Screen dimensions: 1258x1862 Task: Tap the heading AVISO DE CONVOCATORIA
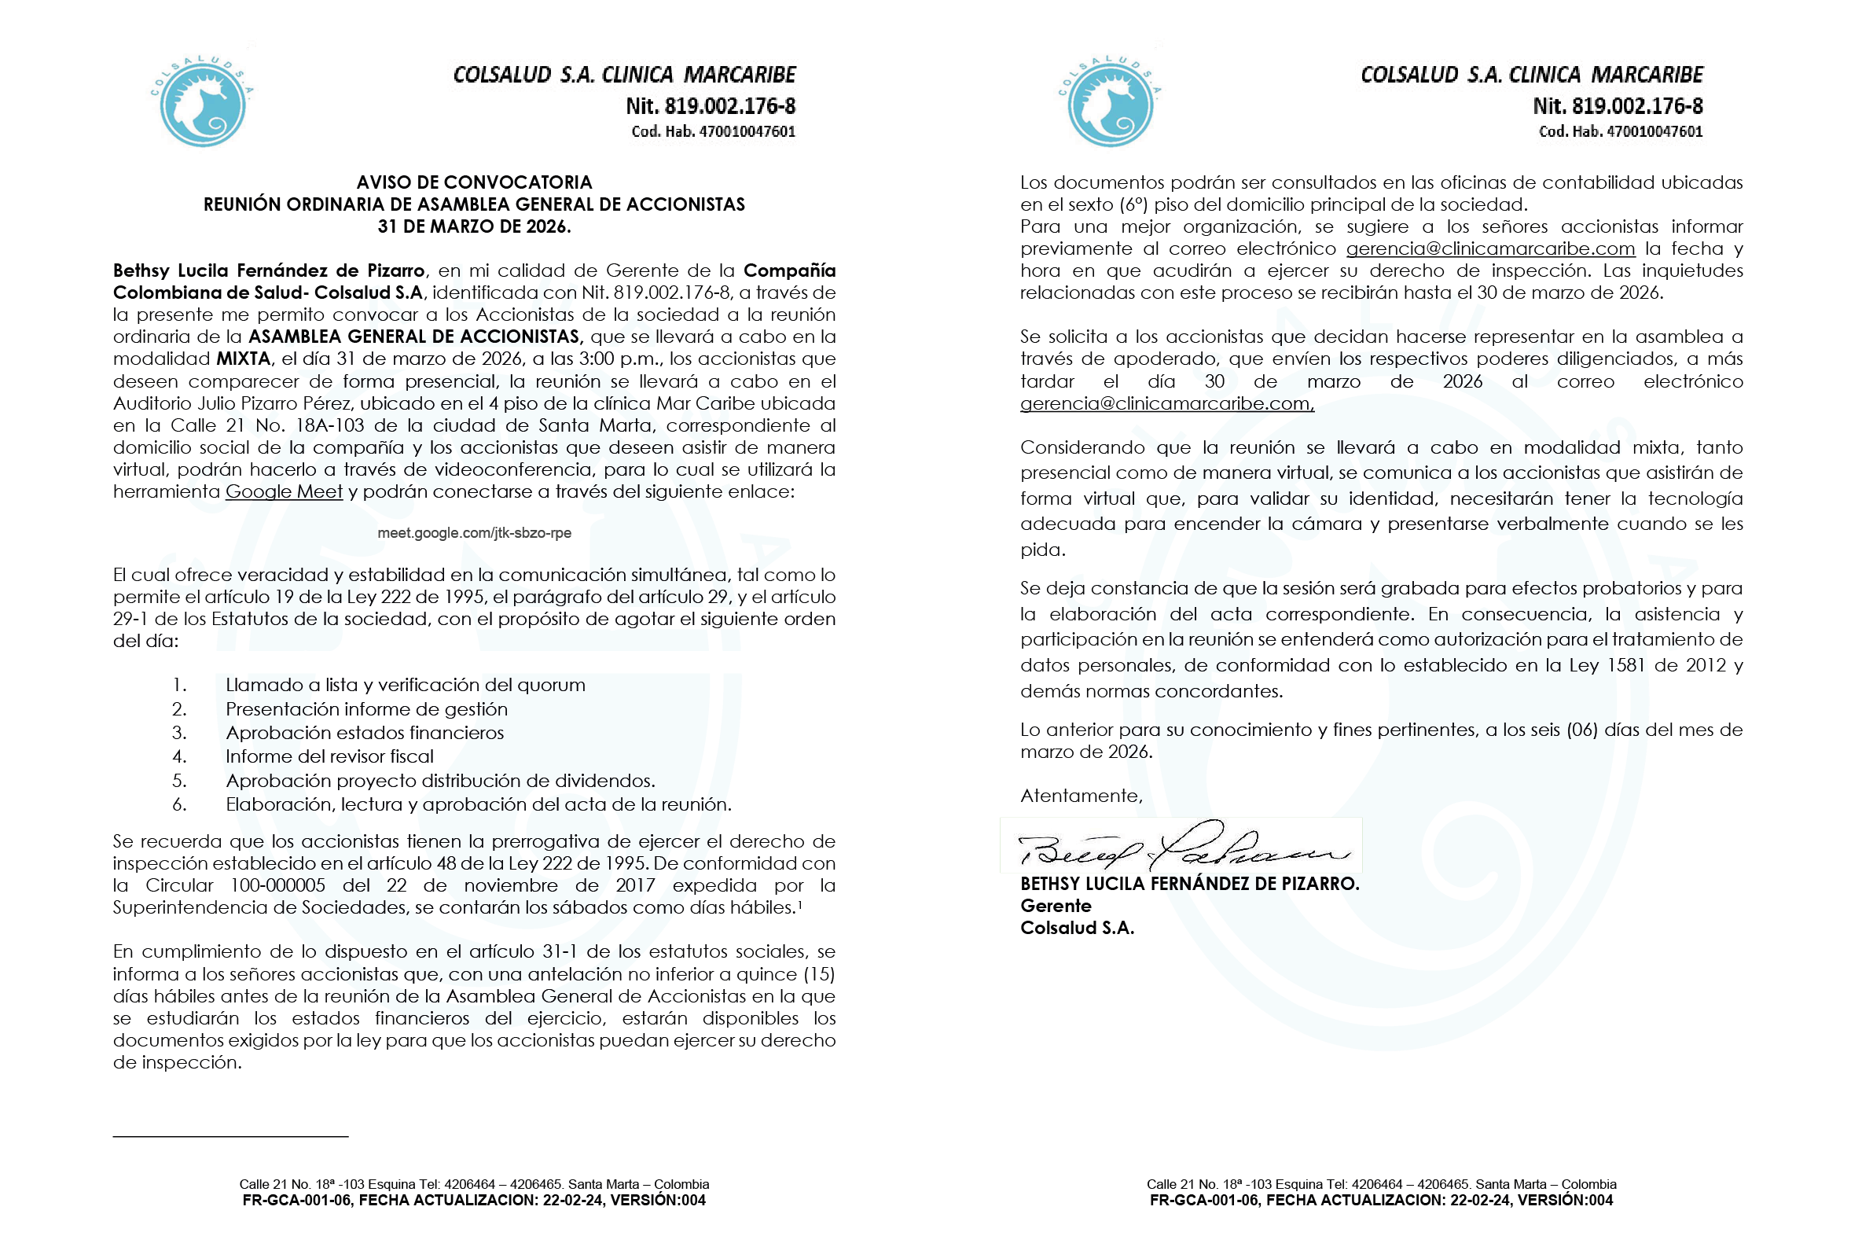point(474,182)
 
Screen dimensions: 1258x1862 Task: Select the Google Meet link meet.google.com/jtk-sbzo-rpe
point(474,533)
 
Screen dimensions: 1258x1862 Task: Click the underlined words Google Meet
point(284,492)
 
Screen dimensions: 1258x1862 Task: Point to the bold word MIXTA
point(243,359)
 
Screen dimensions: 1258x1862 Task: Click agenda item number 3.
point(179,733)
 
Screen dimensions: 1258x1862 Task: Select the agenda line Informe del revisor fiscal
point(329,756)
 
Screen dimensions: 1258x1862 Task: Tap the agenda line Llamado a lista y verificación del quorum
point(406,685)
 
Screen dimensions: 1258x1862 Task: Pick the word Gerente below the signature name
point(1056,907)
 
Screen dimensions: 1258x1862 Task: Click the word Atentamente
point(1081,796)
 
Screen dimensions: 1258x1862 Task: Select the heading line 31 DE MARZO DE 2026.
point(474,226)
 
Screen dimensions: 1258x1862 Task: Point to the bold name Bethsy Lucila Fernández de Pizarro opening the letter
point(270,270)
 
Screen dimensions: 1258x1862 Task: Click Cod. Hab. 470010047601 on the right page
point(1620,131)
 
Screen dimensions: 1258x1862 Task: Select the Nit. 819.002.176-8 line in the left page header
point(710,106)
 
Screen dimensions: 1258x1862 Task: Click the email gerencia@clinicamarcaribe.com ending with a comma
point(1166,404)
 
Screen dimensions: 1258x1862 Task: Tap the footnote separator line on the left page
point(230,1136)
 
